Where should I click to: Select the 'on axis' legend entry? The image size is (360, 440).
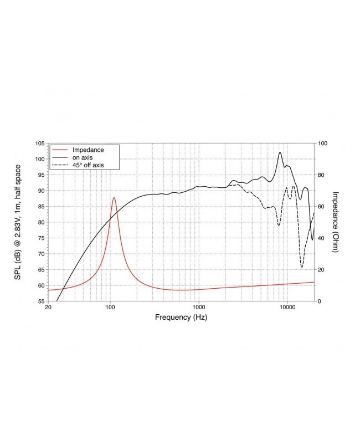tap(83, 157)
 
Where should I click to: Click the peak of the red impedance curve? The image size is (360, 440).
tap(114, 197)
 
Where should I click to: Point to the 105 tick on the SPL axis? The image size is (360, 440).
tap(39, 144)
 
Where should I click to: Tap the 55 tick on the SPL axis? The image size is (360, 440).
tap(40, 301)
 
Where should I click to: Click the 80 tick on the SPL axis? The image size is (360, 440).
tap(40, 222)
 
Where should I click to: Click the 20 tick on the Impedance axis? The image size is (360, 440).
tap(322, 269)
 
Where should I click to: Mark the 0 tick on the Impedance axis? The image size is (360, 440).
tap(320, 301)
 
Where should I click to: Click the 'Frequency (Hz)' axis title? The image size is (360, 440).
tap(182, 318)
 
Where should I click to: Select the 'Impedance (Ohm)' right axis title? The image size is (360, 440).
tap(336, 222)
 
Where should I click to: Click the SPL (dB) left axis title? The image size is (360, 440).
tap(17, 222)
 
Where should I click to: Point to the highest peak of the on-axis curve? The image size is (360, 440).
tap(280, 152)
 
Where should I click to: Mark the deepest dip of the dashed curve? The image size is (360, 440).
tap(302, 267)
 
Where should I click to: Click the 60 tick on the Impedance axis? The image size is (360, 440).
tap(322, 206)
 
